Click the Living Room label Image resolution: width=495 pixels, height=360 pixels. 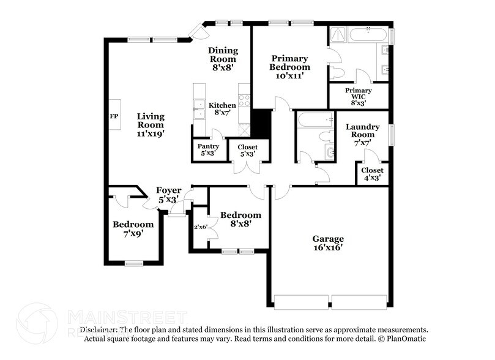pos(151,124)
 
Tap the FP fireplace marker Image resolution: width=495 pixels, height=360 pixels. pos(114,116)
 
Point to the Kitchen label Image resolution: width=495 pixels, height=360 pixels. pos(222,109)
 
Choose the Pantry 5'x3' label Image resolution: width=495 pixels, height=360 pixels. pos(206,150)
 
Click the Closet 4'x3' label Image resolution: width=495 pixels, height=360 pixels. pos(372,173)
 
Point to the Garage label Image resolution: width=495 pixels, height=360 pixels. pos(328,242)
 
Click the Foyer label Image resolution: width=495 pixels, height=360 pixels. pos(168,194)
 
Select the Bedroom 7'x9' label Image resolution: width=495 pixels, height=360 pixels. pos(133,228)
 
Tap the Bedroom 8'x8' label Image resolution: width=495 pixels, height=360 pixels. pos(240,219)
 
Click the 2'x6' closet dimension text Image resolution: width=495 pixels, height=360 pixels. pos(201,227)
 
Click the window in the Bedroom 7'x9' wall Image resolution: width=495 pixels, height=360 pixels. pos(134,263)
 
